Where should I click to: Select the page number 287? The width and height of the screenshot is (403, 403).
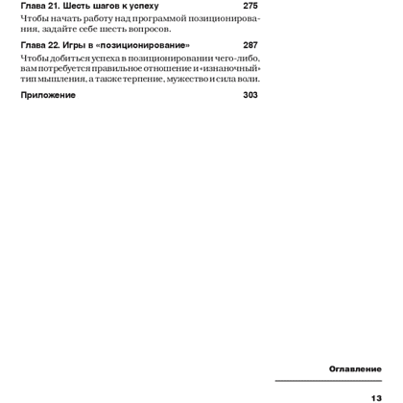250,46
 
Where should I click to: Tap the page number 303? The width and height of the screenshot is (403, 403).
250,96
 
